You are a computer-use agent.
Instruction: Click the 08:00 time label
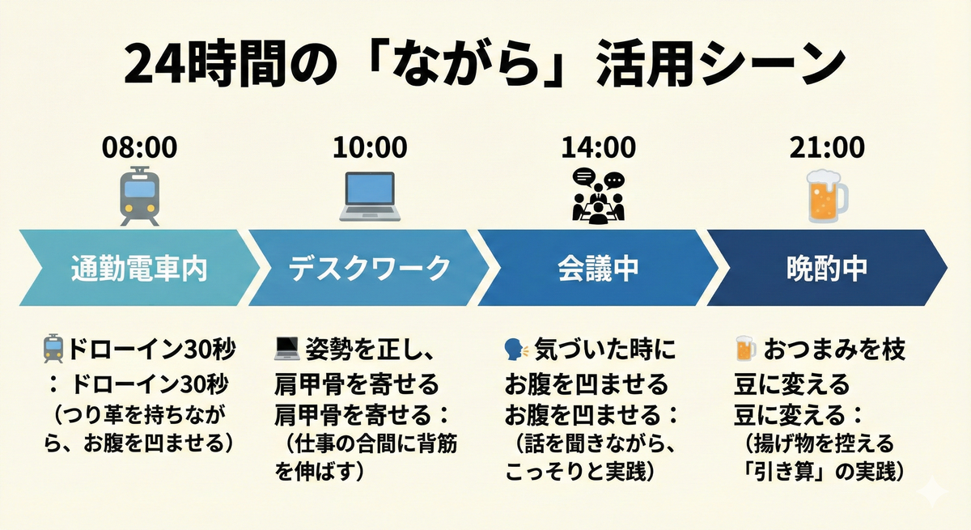139,147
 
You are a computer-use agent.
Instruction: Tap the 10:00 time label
370,147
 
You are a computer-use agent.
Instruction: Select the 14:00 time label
599,147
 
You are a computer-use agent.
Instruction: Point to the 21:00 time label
827,147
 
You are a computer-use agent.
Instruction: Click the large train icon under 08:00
139,196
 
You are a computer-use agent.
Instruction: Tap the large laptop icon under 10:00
370,197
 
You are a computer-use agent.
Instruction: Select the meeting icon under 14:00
599,196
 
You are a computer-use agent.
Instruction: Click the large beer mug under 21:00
826,196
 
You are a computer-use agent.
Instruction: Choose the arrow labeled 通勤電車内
139,268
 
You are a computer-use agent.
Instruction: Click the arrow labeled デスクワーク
369,268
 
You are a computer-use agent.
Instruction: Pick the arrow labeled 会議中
598,268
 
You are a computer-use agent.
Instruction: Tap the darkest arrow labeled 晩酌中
827,268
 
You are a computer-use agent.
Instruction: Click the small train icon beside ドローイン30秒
53,349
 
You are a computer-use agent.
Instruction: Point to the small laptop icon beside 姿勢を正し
287,349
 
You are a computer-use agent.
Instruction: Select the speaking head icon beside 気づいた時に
516,350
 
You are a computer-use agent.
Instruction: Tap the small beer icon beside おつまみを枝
745,348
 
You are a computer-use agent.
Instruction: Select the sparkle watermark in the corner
931,490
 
